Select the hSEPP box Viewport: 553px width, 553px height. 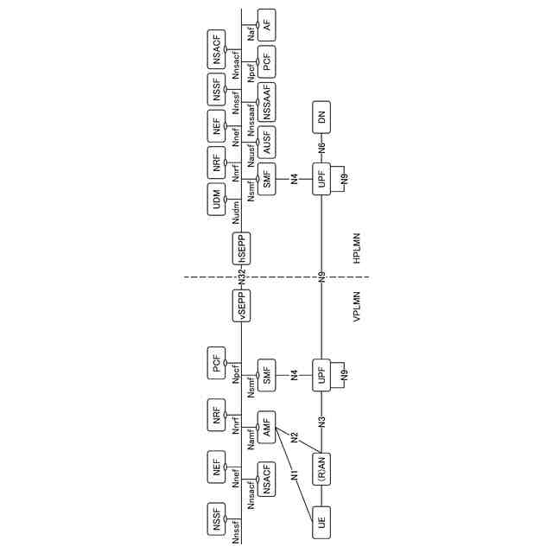(x=242, y=248)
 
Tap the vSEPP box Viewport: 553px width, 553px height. (x=242, y=306)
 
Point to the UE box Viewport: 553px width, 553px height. (x=321, y=520)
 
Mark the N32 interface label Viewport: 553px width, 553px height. (x=242, y=278)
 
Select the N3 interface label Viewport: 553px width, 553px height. (x=321, y=423)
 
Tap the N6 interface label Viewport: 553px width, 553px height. (x=321, y=148)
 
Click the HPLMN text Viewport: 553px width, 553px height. (x=357, y=248)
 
